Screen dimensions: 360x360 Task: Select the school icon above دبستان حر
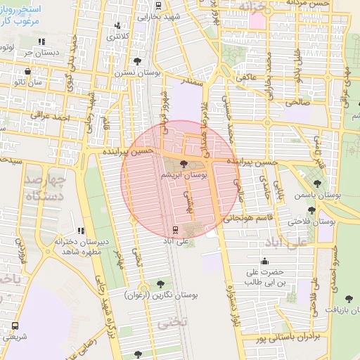coord(41,41)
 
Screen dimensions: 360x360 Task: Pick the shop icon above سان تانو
coord(27,71)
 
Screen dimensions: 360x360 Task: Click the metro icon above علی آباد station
coord(175,229)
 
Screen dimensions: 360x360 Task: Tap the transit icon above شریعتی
coord(15,326)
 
